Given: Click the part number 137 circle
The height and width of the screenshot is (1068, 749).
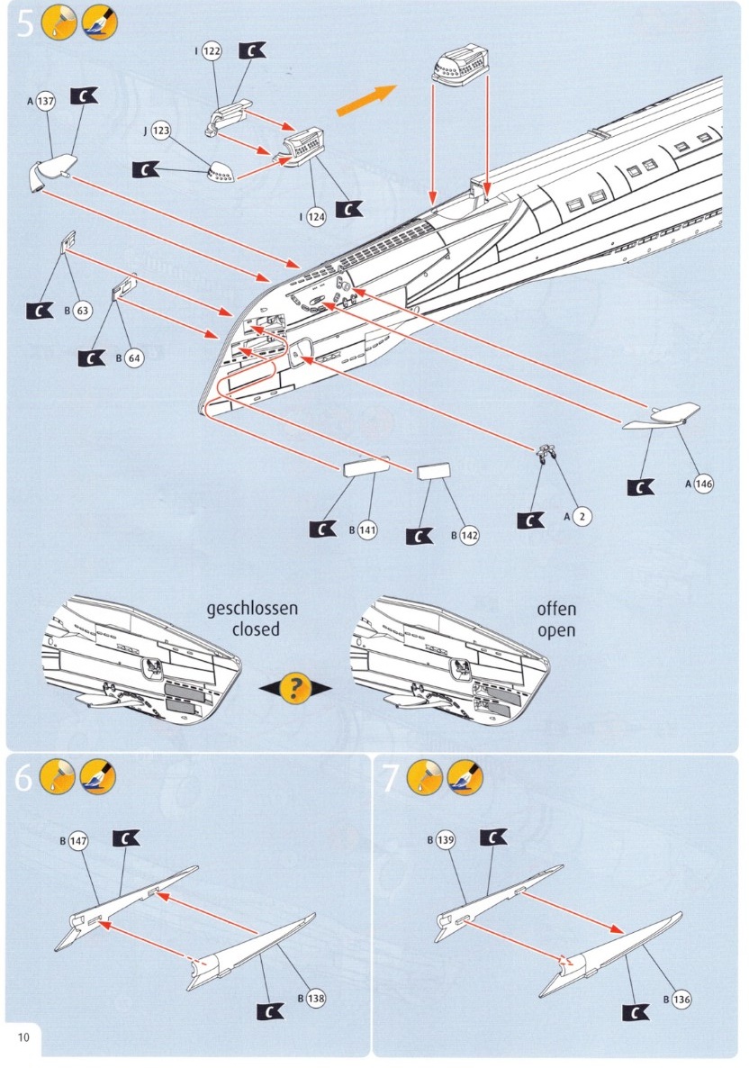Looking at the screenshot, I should point(45,101).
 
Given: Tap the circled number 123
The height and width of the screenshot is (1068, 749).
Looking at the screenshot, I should point(160,131).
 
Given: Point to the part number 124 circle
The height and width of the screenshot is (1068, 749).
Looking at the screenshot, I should point(317,216).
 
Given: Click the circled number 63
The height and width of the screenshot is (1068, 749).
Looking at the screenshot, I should point(82,312).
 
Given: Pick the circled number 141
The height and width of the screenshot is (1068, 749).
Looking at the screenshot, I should point(366,529).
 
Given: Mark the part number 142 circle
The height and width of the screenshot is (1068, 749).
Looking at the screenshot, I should point(469,535).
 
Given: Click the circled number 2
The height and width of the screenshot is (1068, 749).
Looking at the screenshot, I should point(582,517).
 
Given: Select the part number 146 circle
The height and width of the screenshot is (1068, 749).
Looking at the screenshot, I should point(703,484).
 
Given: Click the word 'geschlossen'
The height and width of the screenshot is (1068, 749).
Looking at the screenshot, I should point(252,609).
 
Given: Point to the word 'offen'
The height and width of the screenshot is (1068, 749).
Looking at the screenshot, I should point(556,609).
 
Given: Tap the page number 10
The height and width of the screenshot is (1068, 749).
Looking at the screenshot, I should point(23,1036).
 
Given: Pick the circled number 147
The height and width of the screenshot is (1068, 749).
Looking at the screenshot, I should point(79,841).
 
